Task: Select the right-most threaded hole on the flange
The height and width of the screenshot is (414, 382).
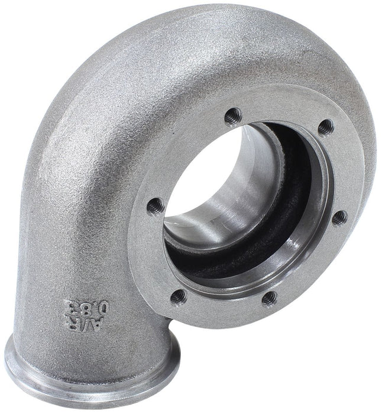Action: [339, 218]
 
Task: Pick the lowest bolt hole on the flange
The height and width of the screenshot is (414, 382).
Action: [269, 298]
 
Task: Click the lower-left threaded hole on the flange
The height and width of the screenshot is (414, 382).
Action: [179, 296]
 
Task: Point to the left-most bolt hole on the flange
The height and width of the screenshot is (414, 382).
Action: [155, 206]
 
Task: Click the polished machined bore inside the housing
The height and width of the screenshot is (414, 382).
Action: [237, 195]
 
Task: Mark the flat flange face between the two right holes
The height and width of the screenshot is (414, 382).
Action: [340, 172]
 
